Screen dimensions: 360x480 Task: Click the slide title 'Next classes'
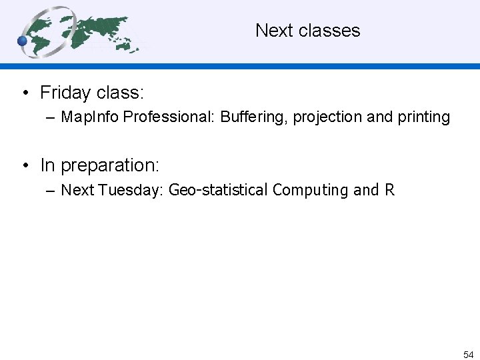click(307, 31)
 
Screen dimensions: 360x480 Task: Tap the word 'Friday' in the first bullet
click(65, 92)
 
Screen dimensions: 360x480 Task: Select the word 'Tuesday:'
click(131, 190)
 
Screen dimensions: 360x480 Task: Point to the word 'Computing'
click(311, 190)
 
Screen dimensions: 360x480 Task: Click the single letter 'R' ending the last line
click(390, 190)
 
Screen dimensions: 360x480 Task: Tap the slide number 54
click(468, 355)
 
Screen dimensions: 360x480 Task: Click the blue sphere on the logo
click(22, 41)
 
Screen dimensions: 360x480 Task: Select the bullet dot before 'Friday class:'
click(24, 93)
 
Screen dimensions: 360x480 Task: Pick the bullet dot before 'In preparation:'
click(24, 165)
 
